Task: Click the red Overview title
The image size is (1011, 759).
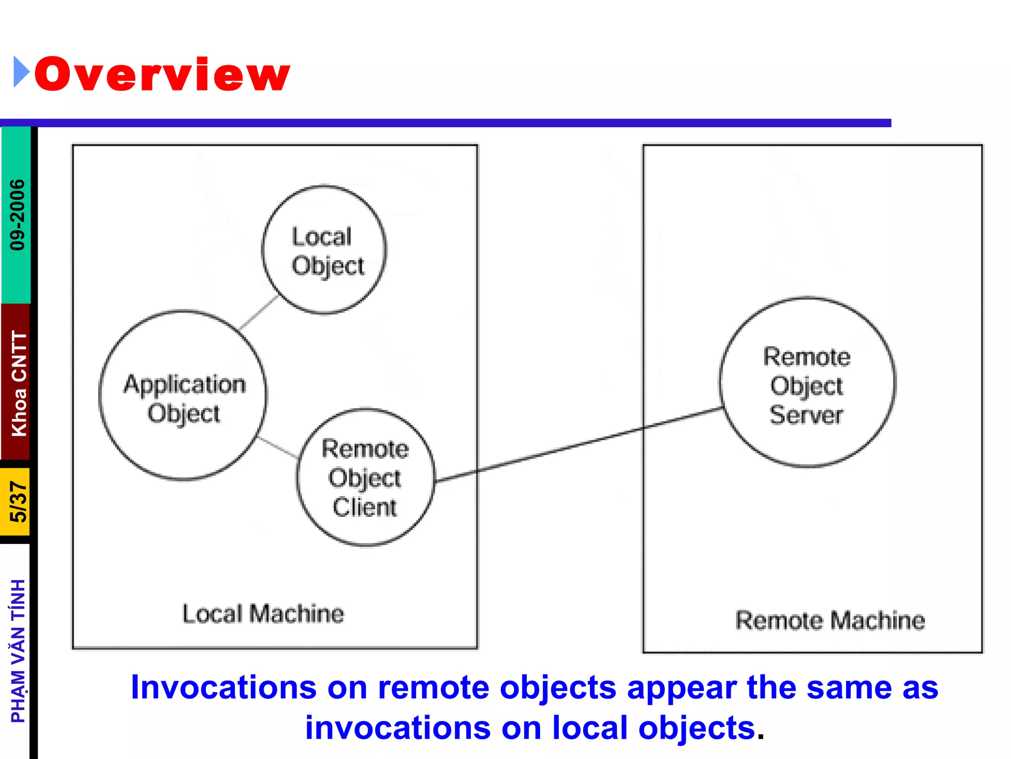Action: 162,74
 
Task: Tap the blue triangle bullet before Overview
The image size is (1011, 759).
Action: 21,72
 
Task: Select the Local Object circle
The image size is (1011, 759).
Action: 324,250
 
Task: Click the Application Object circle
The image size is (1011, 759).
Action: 183,395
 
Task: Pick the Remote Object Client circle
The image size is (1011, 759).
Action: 365,477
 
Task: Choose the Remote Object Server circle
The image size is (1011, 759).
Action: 807,382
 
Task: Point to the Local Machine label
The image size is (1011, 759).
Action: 263,614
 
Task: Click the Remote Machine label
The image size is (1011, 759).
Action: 830,621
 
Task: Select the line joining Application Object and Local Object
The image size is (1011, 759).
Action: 258,312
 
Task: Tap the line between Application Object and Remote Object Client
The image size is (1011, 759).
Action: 277,447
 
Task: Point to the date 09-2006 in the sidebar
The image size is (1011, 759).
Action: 17,214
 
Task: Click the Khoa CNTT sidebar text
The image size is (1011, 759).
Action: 19,383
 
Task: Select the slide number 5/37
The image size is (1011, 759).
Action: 18,502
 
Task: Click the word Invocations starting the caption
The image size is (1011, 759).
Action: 223,688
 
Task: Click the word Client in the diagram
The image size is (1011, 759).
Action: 364,507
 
